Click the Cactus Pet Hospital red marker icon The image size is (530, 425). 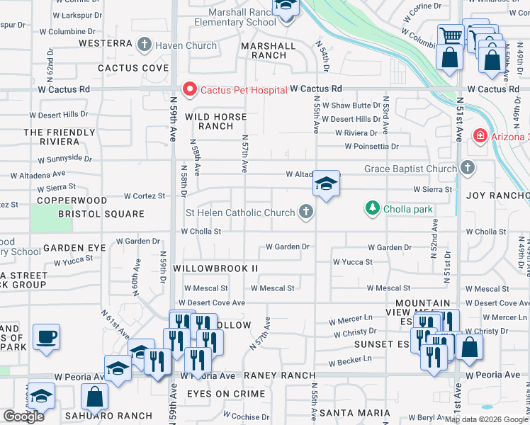189,89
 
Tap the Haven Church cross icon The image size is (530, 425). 145,45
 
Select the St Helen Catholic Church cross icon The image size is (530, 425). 306,212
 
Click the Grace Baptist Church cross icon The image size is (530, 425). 467,169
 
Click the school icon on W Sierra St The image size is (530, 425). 326,184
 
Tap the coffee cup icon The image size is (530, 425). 47,336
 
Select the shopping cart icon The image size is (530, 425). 451,35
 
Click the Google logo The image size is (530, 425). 24,416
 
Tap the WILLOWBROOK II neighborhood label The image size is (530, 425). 215,269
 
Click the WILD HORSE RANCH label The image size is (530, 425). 216,121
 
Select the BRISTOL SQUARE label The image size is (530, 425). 101,214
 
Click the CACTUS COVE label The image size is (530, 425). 133,68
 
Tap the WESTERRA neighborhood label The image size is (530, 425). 106,43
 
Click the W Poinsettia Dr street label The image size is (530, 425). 372,147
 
